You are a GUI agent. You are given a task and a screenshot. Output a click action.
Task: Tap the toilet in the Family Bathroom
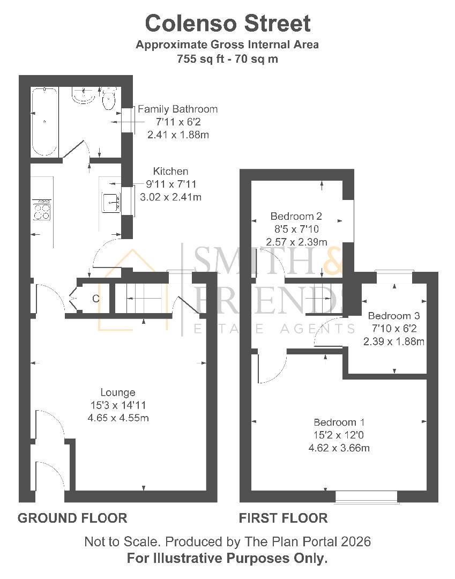109,99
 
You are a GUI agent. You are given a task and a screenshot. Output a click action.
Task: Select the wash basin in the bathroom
84,95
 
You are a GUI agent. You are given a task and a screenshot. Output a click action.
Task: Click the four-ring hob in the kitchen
42,210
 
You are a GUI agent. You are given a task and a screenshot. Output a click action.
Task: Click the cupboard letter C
96,299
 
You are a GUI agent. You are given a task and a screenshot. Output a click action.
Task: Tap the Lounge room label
117,392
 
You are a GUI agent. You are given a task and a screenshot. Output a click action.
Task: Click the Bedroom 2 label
296,217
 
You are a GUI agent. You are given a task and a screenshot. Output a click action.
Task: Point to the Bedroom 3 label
393,316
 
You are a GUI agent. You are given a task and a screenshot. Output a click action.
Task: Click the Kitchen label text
170,172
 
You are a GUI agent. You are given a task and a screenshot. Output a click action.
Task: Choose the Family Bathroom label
178,109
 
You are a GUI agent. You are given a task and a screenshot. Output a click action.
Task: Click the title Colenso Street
228,24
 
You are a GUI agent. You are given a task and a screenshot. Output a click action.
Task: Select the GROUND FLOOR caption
72,518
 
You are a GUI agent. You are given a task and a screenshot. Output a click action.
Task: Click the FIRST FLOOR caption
283,518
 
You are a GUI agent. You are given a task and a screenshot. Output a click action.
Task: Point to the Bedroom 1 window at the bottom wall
367,497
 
